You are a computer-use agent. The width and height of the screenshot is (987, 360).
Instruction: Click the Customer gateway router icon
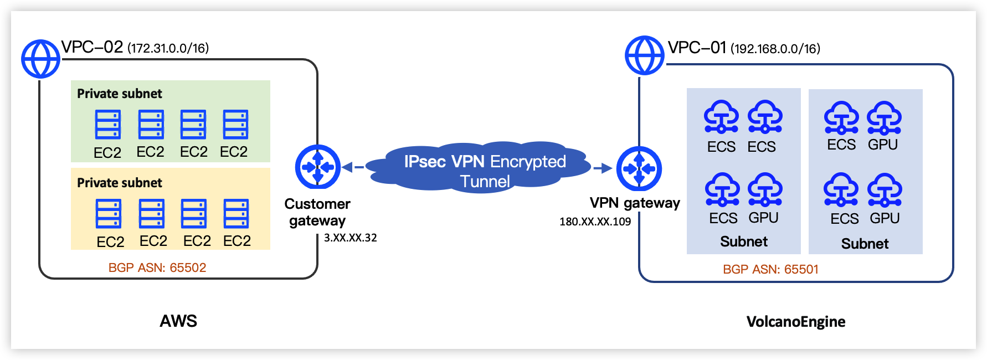(x=317, y=167)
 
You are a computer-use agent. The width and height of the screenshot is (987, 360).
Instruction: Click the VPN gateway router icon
(x=639, y=168)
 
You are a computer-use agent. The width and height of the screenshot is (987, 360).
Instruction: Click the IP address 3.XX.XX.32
(x=350, y=238)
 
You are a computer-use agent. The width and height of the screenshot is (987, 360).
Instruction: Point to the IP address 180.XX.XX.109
(x=595, y=222)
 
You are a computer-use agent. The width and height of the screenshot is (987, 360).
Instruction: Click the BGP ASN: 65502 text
(x=157, y=268)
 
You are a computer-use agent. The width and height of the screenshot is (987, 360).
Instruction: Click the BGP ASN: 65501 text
(x=770, y=269)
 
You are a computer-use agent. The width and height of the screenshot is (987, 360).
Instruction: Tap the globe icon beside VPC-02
(x=40, y=59)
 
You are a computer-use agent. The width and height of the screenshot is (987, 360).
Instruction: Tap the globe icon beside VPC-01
(x=644, y=55)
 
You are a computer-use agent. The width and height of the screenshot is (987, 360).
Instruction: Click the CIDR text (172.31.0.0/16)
(x=168, y=48)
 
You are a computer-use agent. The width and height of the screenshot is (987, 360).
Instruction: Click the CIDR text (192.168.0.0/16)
(x=775, y=49)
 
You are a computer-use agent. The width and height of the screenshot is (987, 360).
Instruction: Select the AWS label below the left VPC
(x=178, y=321)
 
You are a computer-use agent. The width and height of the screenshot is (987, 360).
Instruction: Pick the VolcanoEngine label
(x=795, y=322)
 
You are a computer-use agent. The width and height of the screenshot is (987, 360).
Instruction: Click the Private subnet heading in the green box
(x=119, y=94)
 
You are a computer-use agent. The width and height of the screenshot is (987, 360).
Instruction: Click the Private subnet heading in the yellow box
(x=119, y=183)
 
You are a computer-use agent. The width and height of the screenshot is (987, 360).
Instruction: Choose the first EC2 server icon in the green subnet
(x=107, y=125)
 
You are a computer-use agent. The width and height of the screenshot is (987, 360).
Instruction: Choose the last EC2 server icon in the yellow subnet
(x=237, y=214)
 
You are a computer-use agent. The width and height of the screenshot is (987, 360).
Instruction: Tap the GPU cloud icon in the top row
(x=884, y=118)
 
